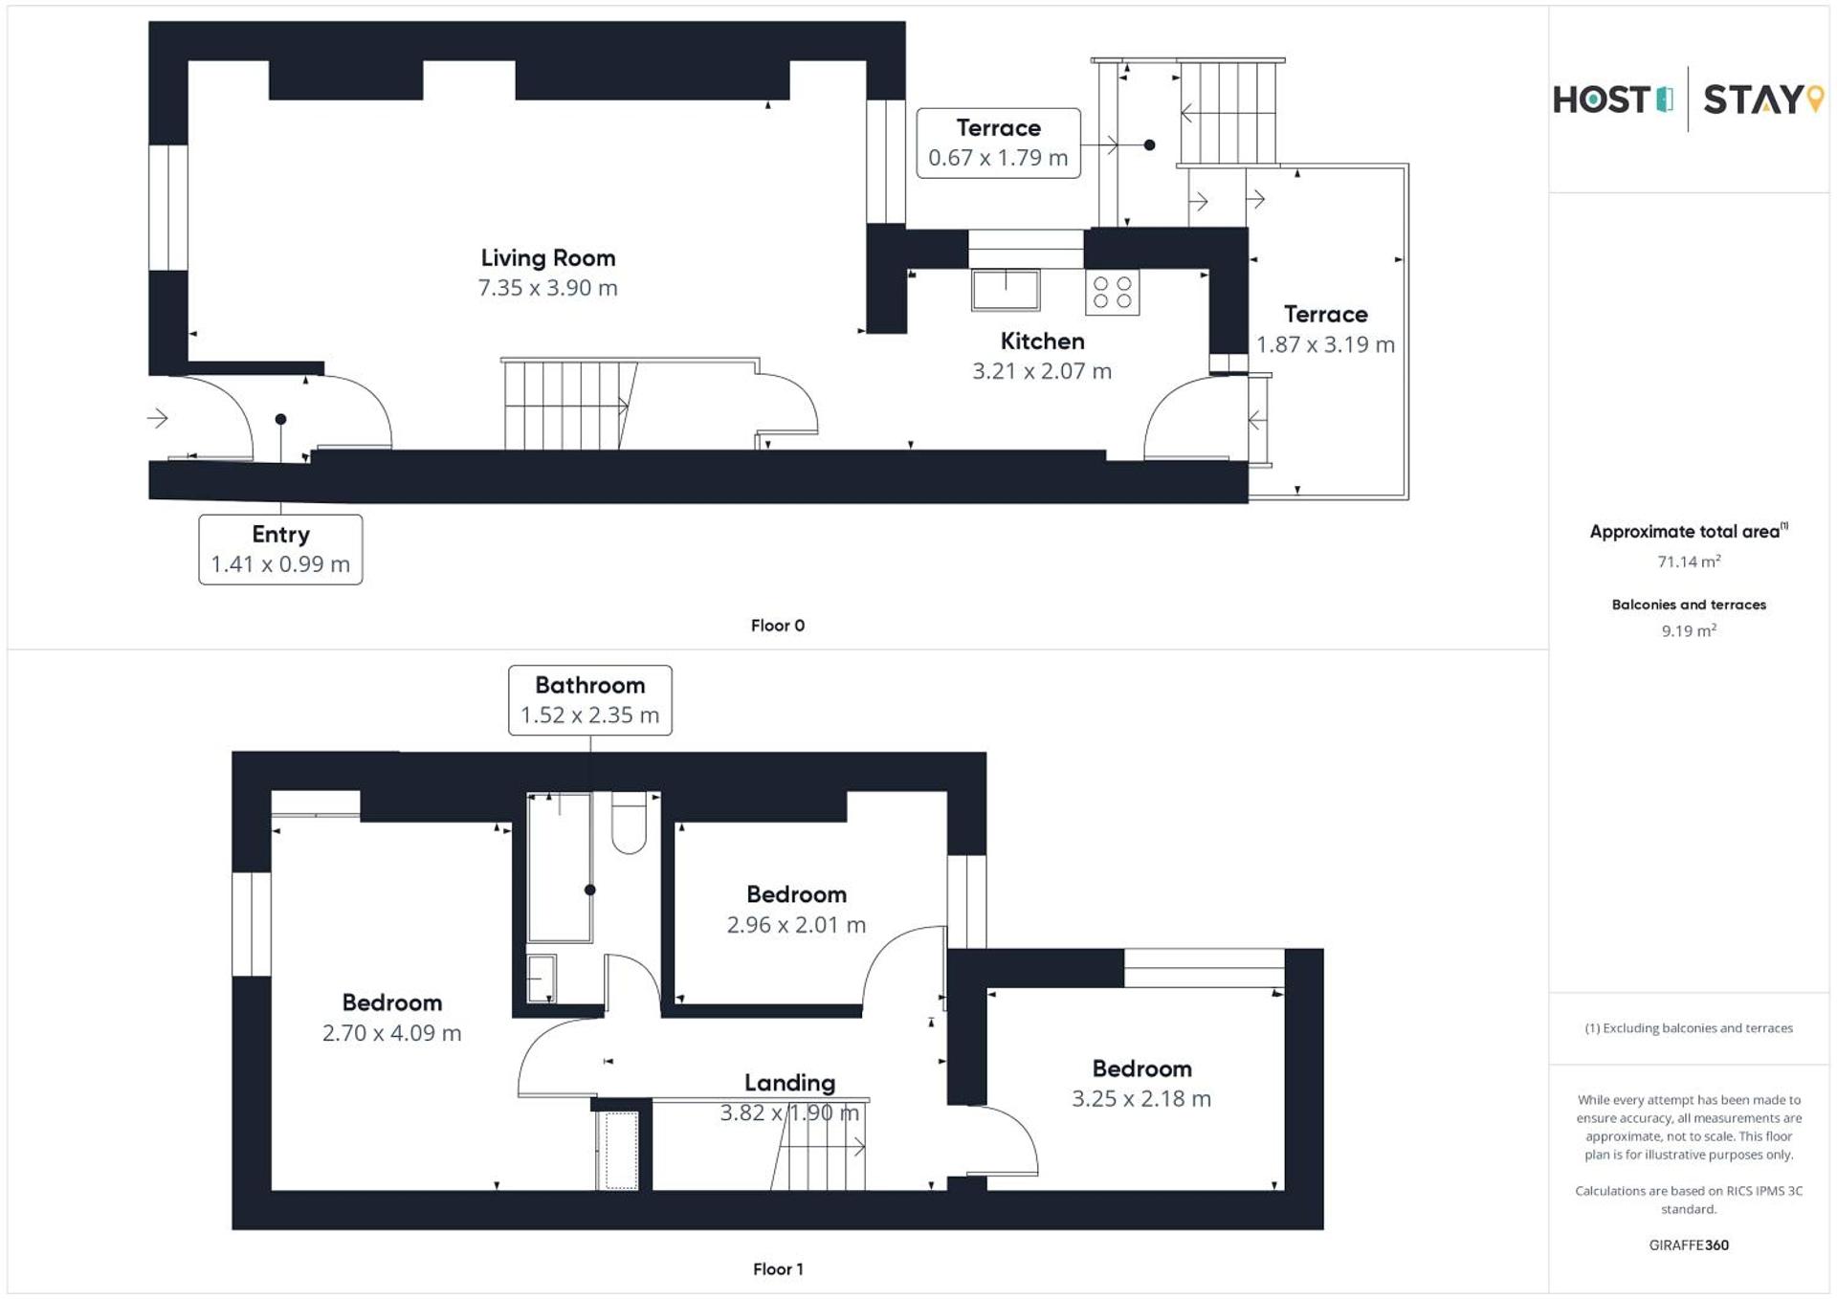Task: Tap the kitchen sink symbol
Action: [x=1005, y=290]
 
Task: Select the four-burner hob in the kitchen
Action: [x=1112, y=293]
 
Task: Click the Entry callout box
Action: [x=280, y=549]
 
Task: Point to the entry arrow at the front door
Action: [x=158, y=418]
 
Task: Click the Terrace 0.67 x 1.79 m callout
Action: [x=998, y=143]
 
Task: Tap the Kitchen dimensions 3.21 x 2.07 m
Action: [x=1042, y=371]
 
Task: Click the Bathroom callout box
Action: [x=589, y=700]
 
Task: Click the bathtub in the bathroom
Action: [x=560, y=867]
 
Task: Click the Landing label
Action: [x=789, y=1083]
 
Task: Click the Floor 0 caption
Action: [x=777, y=626]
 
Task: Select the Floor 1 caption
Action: [x=777, y=1269]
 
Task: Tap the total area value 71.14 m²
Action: [x=1689, y=561]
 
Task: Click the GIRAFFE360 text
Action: [x=1689, y=1245]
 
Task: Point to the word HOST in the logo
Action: [x=1603, y=100]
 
